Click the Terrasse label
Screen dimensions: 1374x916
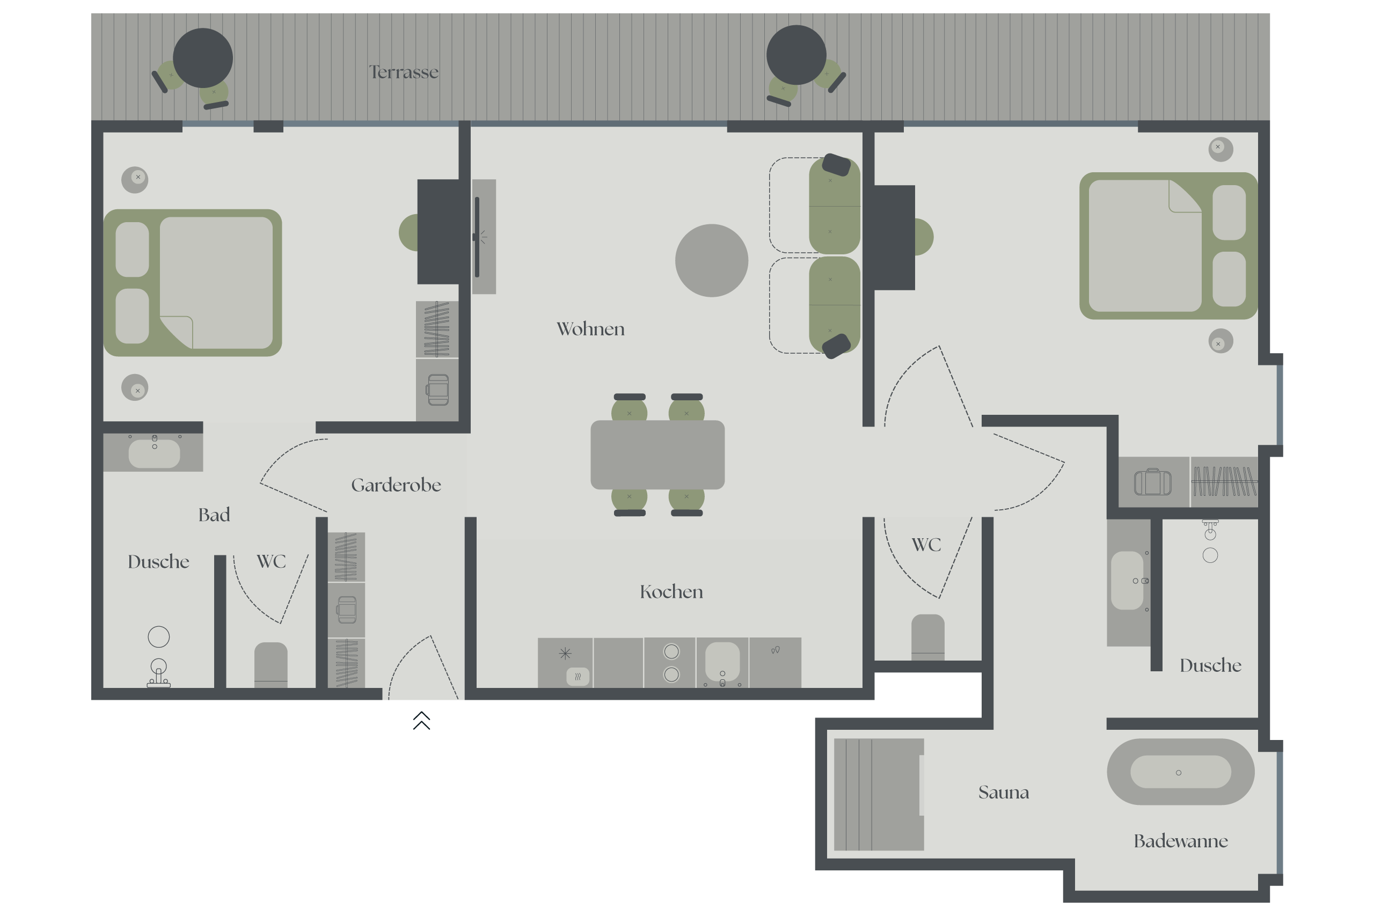pos(404,72)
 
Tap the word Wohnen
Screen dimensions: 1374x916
pos(590,329)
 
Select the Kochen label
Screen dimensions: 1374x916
pos(671,592)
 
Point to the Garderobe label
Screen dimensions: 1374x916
pos(396,485)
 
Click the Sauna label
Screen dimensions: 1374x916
pos(1004,792)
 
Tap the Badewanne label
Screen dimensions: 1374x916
pos(1181,841)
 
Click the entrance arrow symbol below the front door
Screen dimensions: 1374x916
pos(422,720)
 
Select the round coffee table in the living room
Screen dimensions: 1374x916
pos(712,261)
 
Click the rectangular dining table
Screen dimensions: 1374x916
pos(658,455)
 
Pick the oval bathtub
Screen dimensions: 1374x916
pos(1181,772)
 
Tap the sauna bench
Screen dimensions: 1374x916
pos(879,795)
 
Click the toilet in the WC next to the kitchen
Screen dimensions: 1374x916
pos(927,637)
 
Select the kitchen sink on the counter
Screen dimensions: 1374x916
pos(722,663)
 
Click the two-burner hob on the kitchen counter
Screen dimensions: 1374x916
pos(672,663)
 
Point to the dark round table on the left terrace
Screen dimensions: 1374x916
pos(203,58)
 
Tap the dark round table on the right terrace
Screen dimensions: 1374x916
pos(796,55)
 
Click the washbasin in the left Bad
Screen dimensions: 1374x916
pos(154,454)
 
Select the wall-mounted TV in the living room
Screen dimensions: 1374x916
pos(477,237)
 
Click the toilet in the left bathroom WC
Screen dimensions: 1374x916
pos(271,665)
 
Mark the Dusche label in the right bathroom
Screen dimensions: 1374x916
pos(1210,665)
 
